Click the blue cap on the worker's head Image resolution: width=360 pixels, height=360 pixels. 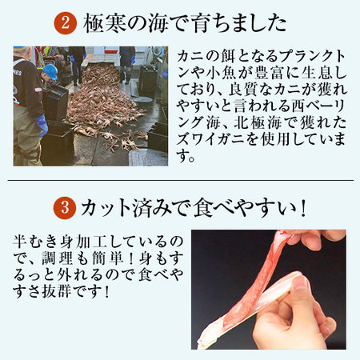pos(50,71)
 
